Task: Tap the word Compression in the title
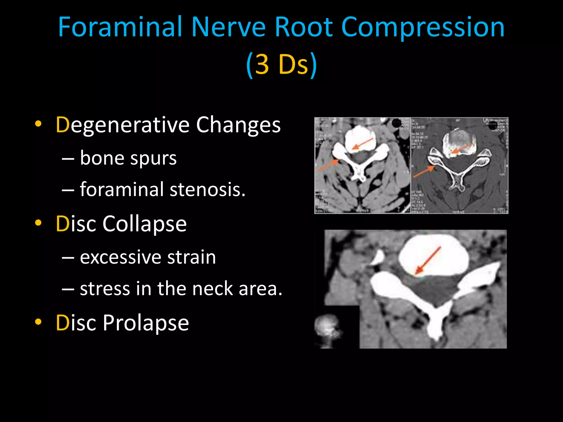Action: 423,27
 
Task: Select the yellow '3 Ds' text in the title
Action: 281,64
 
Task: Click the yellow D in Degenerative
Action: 62,125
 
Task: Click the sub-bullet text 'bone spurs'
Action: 128,159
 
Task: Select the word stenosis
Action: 208,190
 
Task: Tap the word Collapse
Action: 145,224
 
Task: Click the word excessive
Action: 120,257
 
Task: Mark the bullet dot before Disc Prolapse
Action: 38,322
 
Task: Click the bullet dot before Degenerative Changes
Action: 38,124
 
